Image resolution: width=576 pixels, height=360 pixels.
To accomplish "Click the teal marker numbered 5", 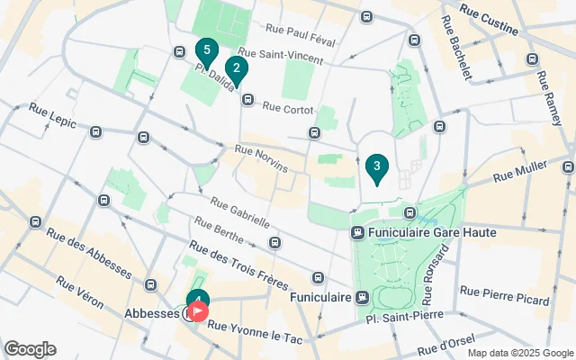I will (207, 51).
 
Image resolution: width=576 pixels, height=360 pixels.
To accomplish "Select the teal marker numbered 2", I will (236, 67).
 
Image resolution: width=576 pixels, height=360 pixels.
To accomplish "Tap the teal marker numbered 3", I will (377, 166).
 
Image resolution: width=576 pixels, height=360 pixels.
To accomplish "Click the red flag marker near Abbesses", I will (197, 312).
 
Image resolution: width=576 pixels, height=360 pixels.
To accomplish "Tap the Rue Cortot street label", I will (288, 109).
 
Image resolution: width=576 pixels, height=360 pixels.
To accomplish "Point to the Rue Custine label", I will (489, 20).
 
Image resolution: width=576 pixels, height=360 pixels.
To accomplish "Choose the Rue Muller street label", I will (520, 172).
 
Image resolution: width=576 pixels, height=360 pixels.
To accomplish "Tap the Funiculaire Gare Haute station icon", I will (357, 232).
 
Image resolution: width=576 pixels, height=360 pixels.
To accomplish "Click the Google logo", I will (30, 349).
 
